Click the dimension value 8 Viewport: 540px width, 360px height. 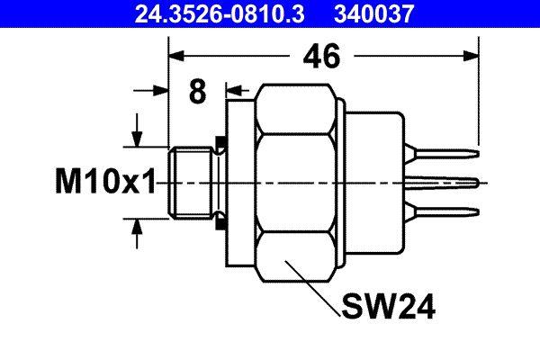(x=197, y=91)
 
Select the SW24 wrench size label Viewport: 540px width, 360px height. (x=389, y=308)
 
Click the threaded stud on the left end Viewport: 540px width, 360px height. (x=190, y=182)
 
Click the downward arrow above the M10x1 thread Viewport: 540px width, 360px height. (x=137, y=136)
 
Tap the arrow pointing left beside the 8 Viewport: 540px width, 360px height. (x=235, y=91)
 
